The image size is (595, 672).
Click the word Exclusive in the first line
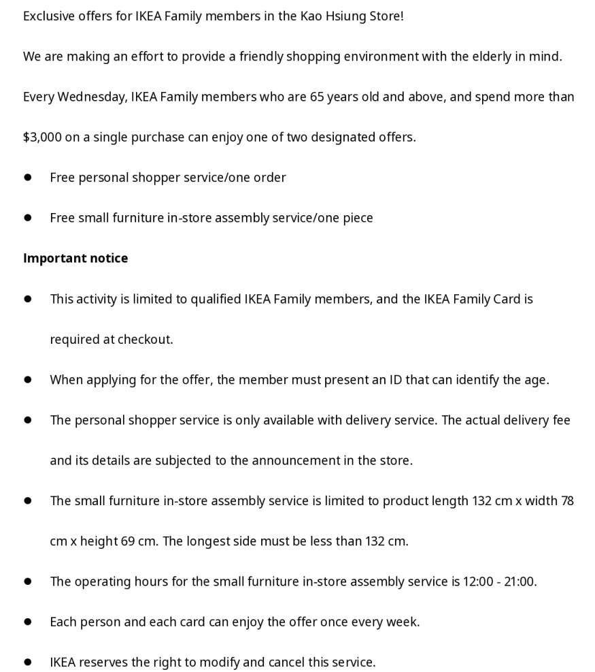[49, 16]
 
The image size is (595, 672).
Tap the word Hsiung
[343, 16]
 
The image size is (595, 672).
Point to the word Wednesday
[92, 97]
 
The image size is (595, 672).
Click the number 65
[317, 97]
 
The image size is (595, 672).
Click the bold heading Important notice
[75, 259]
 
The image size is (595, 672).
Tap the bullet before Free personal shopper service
[28, 178]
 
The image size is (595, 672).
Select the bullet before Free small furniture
[28, 218]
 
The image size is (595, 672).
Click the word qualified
[216, 299]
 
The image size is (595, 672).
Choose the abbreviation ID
[396, 380]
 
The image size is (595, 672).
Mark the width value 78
[567, 501]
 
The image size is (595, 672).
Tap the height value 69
[129, 542]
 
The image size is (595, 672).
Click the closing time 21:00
[520, 582]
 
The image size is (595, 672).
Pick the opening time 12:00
[479, 582]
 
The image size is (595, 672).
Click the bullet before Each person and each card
[28, 622]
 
